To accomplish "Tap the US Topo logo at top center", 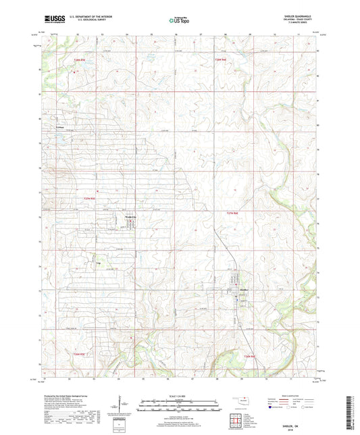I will coord(179,21).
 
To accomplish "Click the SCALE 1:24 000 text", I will coord(180,396).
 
